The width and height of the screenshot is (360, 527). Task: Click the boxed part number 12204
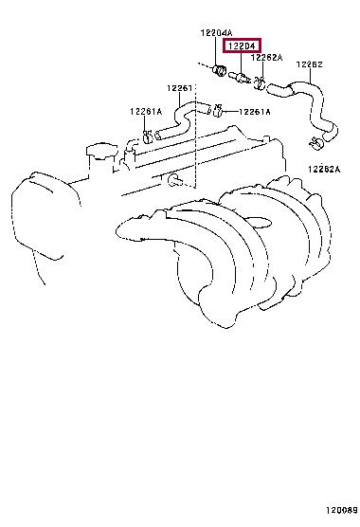click(242, 45)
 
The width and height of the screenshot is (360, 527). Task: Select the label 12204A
click(216, 33)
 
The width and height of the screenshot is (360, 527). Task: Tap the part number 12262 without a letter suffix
click(309, 64)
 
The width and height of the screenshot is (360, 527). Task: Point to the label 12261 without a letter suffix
click(180, 88)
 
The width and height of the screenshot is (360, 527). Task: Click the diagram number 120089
click(342, 510)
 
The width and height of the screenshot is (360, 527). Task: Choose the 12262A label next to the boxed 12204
click(266, 58)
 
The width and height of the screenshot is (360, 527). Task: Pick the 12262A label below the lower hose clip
click(324, 169)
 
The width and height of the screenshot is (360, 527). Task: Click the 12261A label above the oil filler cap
click(146, 111)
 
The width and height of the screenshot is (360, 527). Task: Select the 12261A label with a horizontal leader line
click(255, 112)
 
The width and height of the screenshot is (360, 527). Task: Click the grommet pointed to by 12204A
click(218, 70)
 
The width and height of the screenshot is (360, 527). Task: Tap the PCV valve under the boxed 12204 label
click(239, 78)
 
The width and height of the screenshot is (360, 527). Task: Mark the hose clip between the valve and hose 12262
click(259, 82)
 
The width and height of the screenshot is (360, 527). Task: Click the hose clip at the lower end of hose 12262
click(316, 143)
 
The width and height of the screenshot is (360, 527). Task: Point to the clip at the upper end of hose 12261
click(217, 110)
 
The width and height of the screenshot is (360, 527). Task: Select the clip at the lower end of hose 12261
click(148, 136)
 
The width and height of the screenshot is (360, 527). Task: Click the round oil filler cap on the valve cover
click(101, 152)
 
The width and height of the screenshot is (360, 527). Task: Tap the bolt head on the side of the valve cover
click(174, 179)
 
